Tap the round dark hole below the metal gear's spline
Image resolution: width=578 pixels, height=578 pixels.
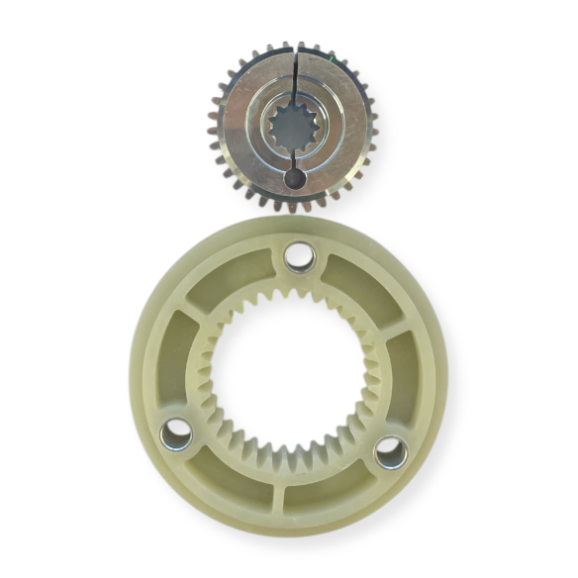tap(294, 178)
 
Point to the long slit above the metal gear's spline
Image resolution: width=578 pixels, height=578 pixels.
tap(294, 75)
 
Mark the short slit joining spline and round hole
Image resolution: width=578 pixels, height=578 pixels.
tap(294, 157)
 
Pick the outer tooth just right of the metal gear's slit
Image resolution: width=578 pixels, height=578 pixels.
tap(304, 47)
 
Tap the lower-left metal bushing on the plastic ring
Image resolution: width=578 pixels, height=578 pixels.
tap(176, 432)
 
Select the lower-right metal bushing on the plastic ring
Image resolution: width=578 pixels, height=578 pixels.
tap(390, 452)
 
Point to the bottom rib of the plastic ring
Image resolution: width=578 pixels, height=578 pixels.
tap(281, 501)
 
